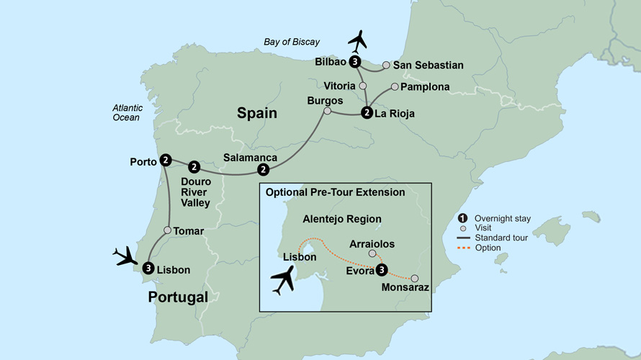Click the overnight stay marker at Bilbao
(x=355, y=63)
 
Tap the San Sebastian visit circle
(x=386, y=66)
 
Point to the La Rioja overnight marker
(x=367, y=112)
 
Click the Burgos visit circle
(x=328, y=112)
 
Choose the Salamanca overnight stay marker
(x=264, y=170)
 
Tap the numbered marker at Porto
(x=166, y=161)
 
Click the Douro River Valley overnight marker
(x=194, y=167)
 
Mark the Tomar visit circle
(x=167, y=230)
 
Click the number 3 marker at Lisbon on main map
(x=148, y=269)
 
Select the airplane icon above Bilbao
(x=358, y=42)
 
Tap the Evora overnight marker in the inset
(x=382, y=270)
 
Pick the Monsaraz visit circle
(x=415, y=279)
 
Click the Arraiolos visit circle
(x=372, y=253)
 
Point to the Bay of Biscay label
(x=292, y=42)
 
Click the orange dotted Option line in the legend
(x=465, y=248)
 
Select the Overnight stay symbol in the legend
(x=463, y=218)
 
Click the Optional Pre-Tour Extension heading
(x=335, y=192)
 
